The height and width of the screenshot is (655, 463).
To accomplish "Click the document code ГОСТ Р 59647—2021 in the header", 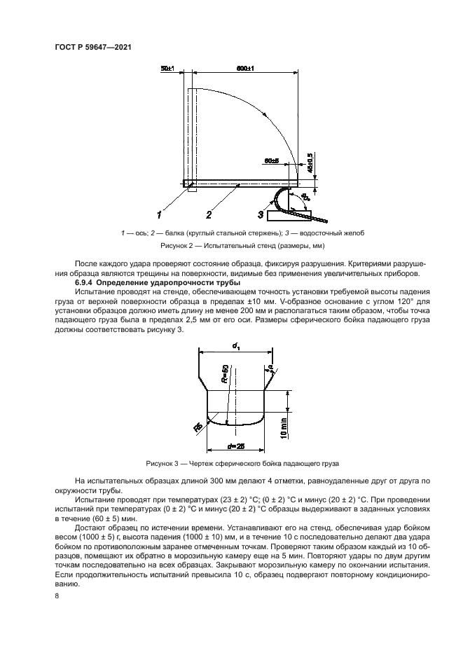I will pos(93,47).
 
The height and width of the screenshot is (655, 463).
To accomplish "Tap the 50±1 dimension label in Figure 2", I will pos(167,70).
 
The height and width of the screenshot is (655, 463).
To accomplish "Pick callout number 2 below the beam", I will pos(209,214).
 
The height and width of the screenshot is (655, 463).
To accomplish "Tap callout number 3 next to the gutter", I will pos(260,214).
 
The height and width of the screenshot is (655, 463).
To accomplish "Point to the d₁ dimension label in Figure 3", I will pos(235,344).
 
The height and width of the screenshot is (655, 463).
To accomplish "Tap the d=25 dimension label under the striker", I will pos(235,446).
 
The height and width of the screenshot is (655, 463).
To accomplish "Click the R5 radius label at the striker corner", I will pos(198,427).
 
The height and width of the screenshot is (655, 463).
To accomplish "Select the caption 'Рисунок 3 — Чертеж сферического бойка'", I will pos(242,464).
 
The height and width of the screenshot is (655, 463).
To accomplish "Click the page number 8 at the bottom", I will pos(56,595).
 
